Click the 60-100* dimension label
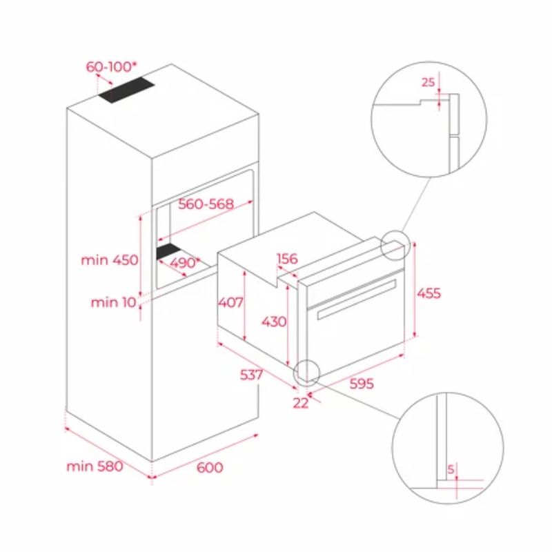[x=111, y=67]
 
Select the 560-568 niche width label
[x=206, y=204]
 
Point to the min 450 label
[x=110, y=260]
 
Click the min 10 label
[x=113, y=302]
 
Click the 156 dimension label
[x=286, y=259]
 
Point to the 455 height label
[x=428, y=293]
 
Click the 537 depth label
[x=252, y=375]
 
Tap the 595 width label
[x=361, y=384]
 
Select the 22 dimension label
[x=301, y=404]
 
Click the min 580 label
[x=95, y=466]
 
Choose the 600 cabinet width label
[x=210, y=467]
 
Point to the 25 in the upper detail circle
[x=428, y=83]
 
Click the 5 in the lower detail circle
[x=451, y=469]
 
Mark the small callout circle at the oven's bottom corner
[x=306, y=372]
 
